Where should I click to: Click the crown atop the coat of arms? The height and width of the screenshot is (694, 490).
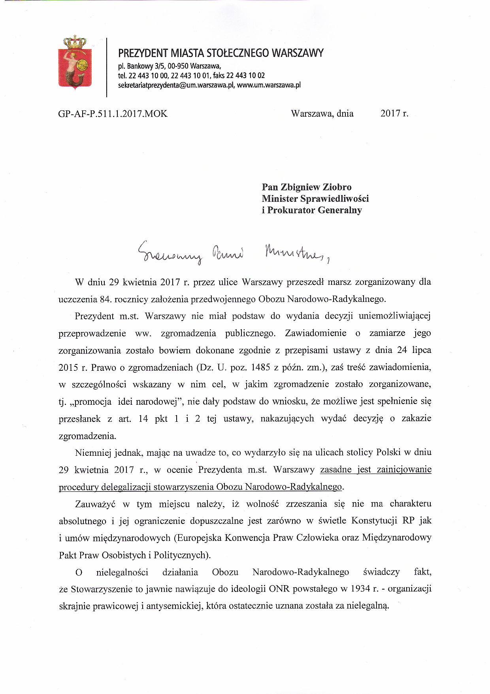click(x=75, y=41)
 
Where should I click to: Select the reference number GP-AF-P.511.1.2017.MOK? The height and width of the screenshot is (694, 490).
click(x=113, y=114)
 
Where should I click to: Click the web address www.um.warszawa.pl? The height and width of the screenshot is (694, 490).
click(x=269, y=85)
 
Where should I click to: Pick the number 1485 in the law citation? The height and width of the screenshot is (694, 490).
click(x=261, y=367)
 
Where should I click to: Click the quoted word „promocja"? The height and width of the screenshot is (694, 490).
click(x=88, y=402)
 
